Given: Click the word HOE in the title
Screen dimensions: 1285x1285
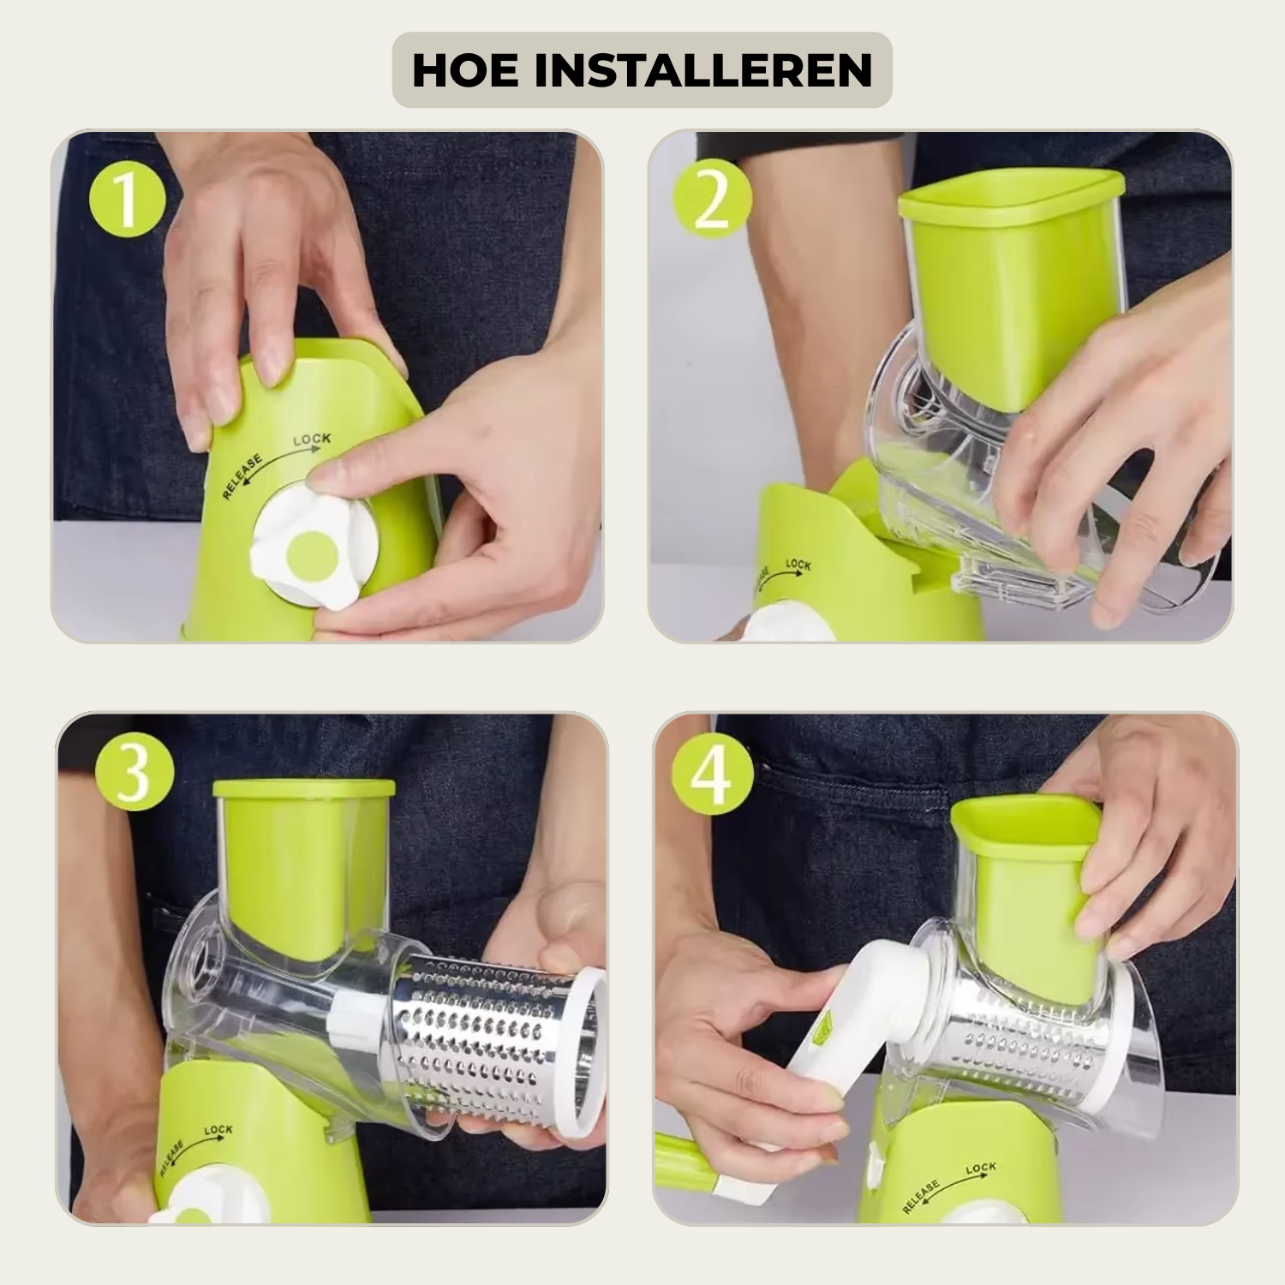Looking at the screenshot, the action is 465,70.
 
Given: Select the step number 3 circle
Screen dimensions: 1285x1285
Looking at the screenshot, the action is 134,771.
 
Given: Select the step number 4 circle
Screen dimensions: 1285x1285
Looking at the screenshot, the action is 713,778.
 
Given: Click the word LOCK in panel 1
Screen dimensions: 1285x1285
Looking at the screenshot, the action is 312,439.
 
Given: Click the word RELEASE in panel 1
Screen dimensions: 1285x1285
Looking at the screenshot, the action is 242,476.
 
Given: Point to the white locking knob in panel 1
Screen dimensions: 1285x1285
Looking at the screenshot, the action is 314,548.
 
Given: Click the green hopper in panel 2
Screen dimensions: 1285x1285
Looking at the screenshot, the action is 1011,283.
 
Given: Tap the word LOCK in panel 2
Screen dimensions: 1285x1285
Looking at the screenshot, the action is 798,565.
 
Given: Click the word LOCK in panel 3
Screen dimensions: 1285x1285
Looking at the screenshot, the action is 218,1130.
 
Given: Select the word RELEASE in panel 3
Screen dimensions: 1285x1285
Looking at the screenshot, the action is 171,1157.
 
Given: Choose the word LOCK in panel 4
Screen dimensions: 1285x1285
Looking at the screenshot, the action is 981,1168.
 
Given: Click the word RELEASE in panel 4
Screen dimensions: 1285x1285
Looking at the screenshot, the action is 922,1196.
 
